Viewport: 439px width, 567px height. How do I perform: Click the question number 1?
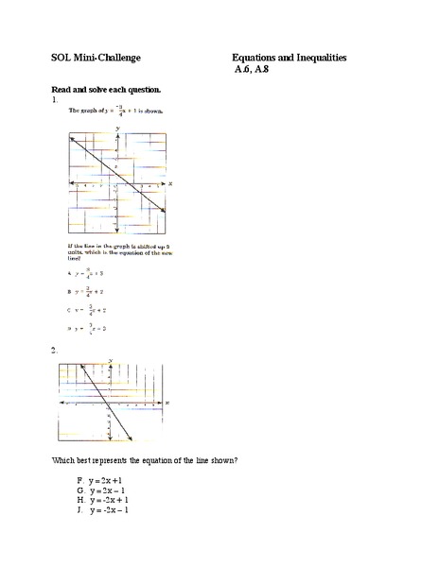pos(57,99)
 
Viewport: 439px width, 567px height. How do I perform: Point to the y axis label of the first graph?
pos(117,126)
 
